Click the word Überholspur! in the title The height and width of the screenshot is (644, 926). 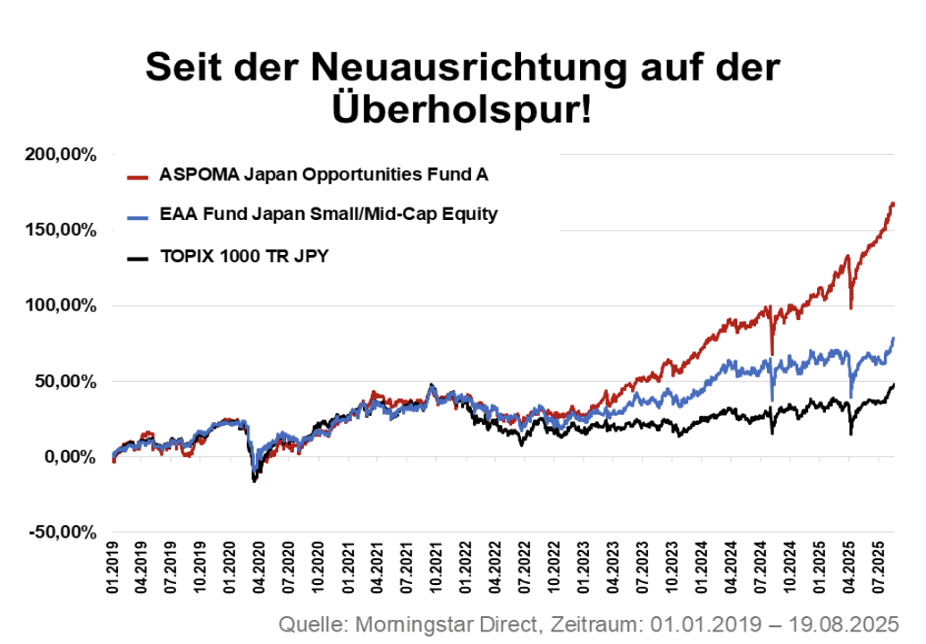(463, 111)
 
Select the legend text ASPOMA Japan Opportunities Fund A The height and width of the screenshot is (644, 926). (324, 174)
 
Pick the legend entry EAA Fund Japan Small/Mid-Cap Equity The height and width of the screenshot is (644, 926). (328, 215)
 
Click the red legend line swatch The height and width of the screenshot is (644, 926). (138, 176)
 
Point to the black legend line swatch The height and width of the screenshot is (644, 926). (138, 259)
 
